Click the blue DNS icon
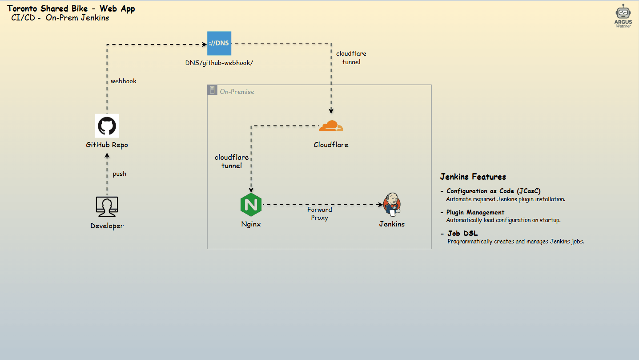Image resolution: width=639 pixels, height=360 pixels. (219, 43)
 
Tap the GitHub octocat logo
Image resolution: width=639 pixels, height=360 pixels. (107, 126)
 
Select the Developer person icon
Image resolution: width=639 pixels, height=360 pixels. (107, 207)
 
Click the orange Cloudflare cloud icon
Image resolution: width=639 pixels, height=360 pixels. (331, 126)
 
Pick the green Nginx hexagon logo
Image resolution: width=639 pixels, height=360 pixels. (251, 205)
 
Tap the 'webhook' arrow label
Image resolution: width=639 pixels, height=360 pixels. (124, 81)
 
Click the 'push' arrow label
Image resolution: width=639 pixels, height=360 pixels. (119, 174)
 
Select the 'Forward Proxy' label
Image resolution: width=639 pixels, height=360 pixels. (319, 214)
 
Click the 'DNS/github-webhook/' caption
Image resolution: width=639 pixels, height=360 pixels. (219, 63)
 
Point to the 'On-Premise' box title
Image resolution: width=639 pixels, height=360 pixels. (237, 92)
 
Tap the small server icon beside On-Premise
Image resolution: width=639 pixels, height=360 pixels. (213, 90)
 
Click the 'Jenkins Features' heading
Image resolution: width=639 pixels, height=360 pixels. (473, 177)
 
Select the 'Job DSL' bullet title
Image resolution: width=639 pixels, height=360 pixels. (462, 233)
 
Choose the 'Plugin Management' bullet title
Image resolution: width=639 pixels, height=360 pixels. (475, 212)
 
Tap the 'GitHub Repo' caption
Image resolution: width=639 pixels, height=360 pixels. (107, 145)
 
